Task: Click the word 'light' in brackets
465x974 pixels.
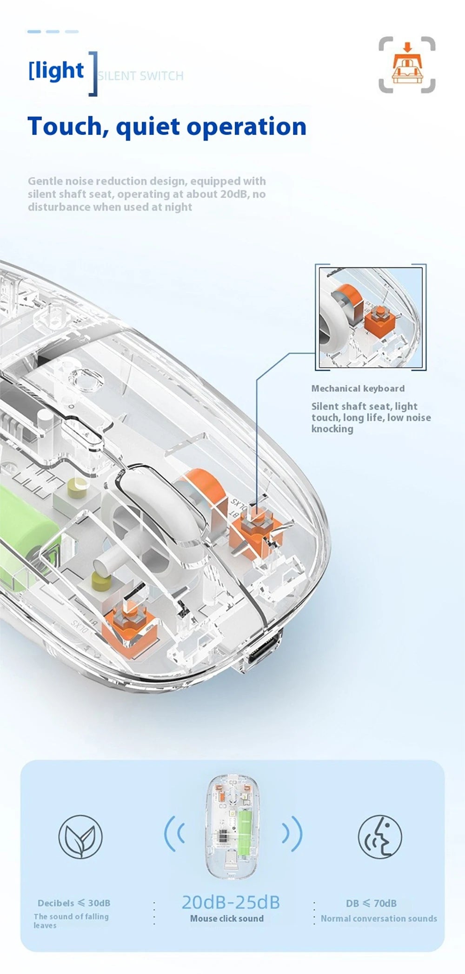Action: [x=59, y=71]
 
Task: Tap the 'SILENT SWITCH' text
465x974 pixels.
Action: [x=141, y=76]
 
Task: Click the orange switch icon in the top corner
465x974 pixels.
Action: [x=407, y=65]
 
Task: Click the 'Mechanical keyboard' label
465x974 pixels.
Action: [x=358, y=388]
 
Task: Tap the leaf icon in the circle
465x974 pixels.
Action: [x=80, y=837]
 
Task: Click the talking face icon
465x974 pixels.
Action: [x=380, y=837]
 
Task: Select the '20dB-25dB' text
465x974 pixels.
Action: [x=230, y=902]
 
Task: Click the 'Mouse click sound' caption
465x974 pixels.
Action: [x=226, y=919]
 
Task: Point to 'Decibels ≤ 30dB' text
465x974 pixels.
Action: [x=74, y=903]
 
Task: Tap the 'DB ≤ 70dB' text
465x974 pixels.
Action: [x=371, y=903]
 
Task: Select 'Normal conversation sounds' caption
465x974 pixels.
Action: [x=379, y=919]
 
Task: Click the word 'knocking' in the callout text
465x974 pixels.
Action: [x=332, y=429]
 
